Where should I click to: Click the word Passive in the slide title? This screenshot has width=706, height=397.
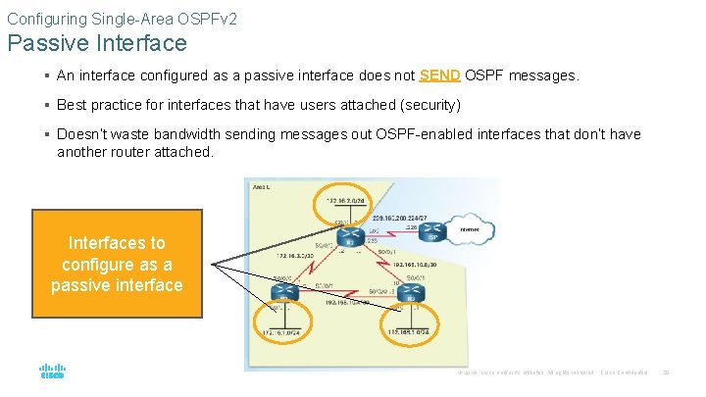coord(48,43)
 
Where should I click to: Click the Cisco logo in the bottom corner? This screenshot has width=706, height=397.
coord(52,370)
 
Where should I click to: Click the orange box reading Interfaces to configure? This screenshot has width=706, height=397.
coord(117,264)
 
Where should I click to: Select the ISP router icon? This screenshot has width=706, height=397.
coord(432,232)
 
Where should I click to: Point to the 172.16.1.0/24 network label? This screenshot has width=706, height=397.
coord(281,334)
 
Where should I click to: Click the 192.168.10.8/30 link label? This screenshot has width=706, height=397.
coord(414,264)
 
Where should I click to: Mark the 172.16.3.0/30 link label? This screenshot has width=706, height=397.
coord(287,255)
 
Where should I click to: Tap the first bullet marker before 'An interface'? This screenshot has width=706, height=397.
coord(47,76)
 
